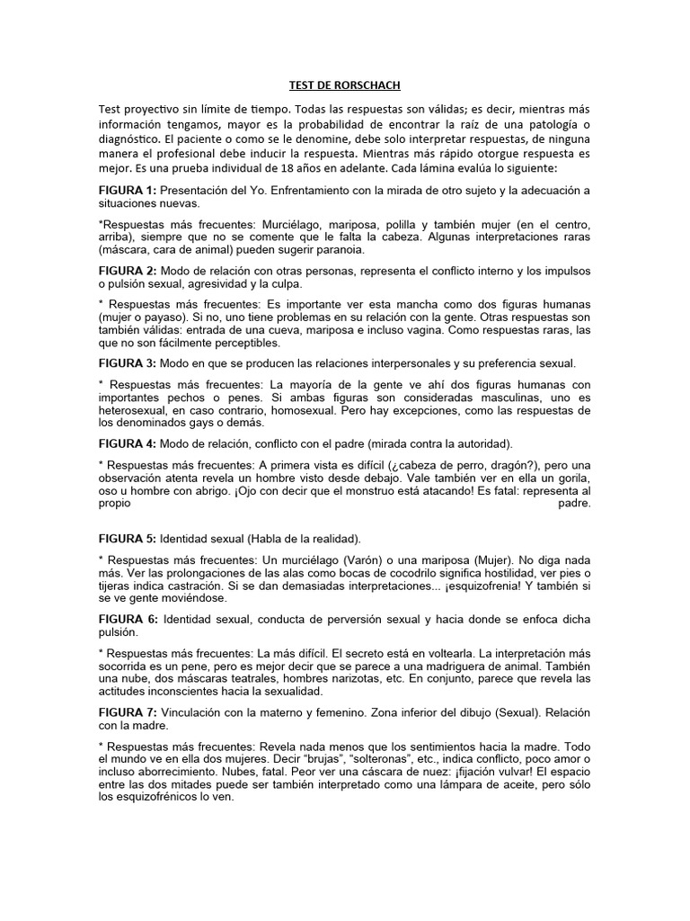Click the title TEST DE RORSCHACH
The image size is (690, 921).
344,85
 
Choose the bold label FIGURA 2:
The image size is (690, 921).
128,270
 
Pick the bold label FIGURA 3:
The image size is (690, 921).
128,362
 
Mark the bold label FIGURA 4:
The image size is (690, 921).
128,443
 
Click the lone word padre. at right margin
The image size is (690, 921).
570,504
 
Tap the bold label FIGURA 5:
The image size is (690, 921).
128,539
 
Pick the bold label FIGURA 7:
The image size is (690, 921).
128,712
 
